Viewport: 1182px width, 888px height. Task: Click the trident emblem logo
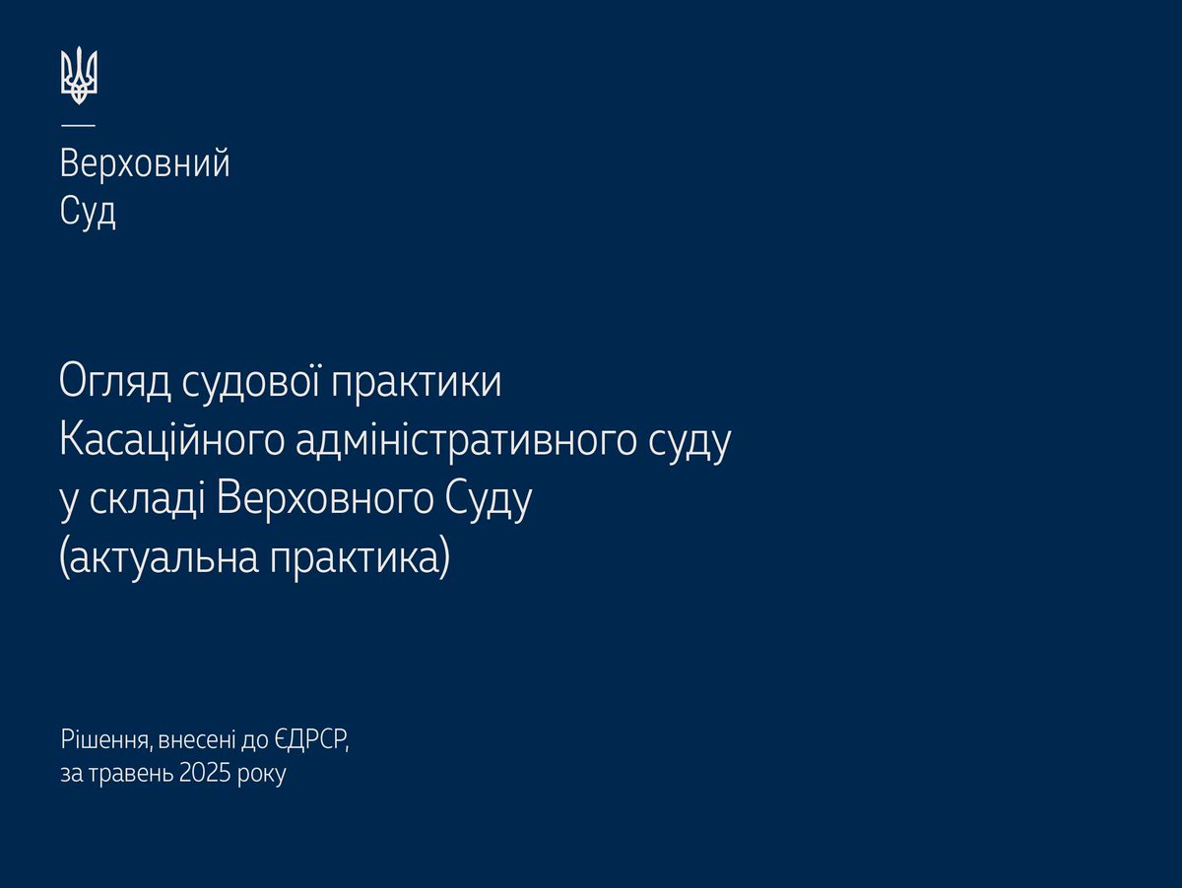tap(79, 76)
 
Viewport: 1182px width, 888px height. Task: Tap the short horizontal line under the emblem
tap(79, 124)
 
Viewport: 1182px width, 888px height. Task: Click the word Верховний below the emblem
tap(145, 163)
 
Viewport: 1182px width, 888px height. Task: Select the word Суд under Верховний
tap(88, 211)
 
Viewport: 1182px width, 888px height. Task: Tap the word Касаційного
tap(172, 442)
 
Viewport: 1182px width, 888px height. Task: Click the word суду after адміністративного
tap(690, 442)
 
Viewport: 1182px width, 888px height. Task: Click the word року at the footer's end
tap(261, 774)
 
